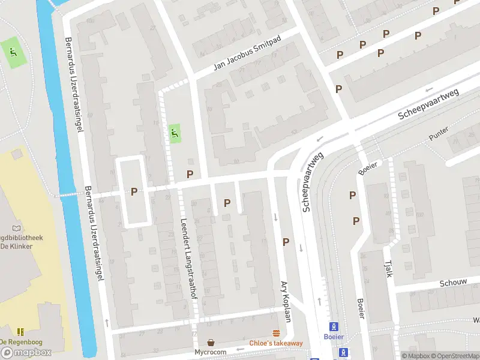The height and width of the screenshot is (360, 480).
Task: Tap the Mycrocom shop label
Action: (211, 352)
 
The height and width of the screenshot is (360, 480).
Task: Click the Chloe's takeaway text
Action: (276, 343)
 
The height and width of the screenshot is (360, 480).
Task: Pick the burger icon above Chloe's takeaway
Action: (276, 333)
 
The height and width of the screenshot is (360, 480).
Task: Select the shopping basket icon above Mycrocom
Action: (211, 342)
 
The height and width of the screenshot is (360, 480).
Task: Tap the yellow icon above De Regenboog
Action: (20, 331)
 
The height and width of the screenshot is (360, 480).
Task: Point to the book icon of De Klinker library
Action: (16, 228)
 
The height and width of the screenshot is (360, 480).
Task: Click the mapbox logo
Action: (26, 352)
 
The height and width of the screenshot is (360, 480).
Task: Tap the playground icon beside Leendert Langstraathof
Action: (175, 132)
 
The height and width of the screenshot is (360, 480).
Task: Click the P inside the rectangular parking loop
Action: (134, 191)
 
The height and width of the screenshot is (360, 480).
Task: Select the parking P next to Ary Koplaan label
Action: (286, 242)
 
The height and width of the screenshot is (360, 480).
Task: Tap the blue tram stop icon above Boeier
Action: (334, 326)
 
